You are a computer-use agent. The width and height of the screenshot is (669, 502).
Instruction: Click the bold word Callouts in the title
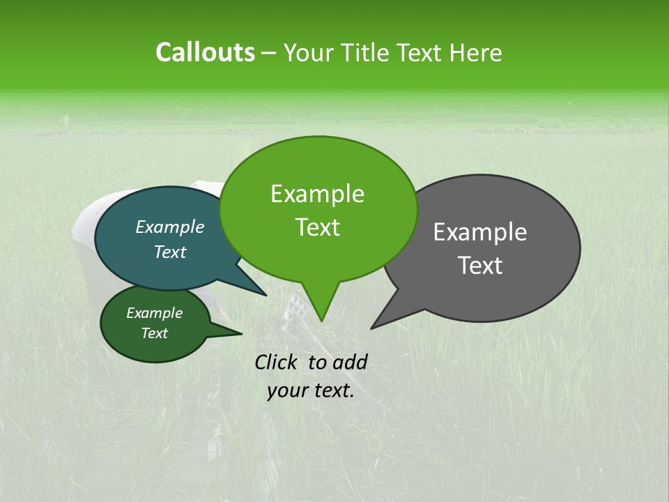tap(205, 52)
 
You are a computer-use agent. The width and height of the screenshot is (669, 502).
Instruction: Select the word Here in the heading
tap(476, 52)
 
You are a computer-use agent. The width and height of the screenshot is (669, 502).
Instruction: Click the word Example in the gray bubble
tap(480, 232)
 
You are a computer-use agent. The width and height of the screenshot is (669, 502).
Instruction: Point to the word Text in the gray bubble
tap(480, 266)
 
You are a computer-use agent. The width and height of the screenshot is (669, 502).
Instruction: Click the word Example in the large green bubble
tap(317, 194)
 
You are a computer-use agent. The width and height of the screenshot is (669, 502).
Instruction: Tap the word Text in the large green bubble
tap(317, 227)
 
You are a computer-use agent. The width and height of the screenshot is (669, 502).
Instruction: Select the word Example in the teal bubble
tap(170, 227)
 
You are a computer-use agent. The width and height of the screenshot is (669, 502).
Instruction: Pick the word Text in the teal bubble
tap(170, 252)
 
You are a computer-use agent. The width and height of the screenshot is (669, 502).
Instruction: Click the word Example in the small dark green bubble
tap(154, 313)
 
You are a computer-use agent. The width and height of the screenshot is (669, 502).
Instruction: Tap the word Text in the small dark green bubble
tap(154, 333)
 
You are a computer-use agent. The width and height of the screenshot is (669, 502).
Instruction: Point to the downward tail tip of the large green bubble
tap(321, 321)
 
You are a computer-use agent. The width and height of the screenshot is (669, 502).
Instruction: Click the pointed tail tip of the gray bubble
tap(371, 328)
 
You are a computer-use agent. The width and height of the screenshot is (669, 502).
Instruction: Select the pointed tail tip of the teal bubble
tap(266, 295)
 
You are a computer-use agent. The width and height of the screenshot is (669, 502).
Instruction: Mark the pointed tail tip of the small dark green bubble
tap(241, 333)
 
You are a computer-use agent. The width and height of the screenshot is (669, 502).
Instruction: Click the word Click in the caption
tap(277, 362)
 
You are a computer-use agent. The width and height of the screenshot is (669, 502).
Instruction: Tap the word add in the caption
tap(350, 362)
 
